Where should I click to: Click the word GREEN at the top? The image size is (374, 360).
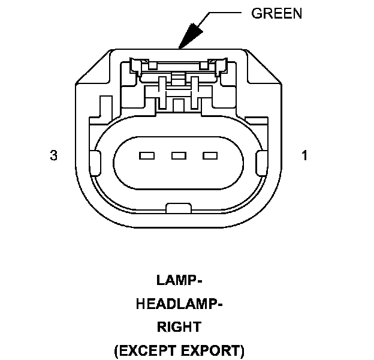[x=276, y=14]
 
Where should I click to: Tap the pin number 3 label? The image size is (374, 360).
[x=54, y=156]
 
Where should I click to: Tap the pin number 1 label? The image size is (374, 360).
[x=304, y=156]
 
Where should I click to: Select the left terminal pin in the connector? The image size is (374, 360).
[x=146, y=156]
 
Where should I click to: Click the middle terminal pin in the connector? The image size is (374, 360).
[x=178, y=156]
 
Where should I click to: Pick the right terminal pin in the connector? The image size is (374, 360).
[x=210, y=156]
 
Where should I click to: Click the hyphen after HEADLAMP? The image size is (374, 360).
[x=219, y=304]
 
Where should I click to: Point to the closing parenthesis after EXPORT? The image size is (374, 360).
[x=241, y=350]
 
